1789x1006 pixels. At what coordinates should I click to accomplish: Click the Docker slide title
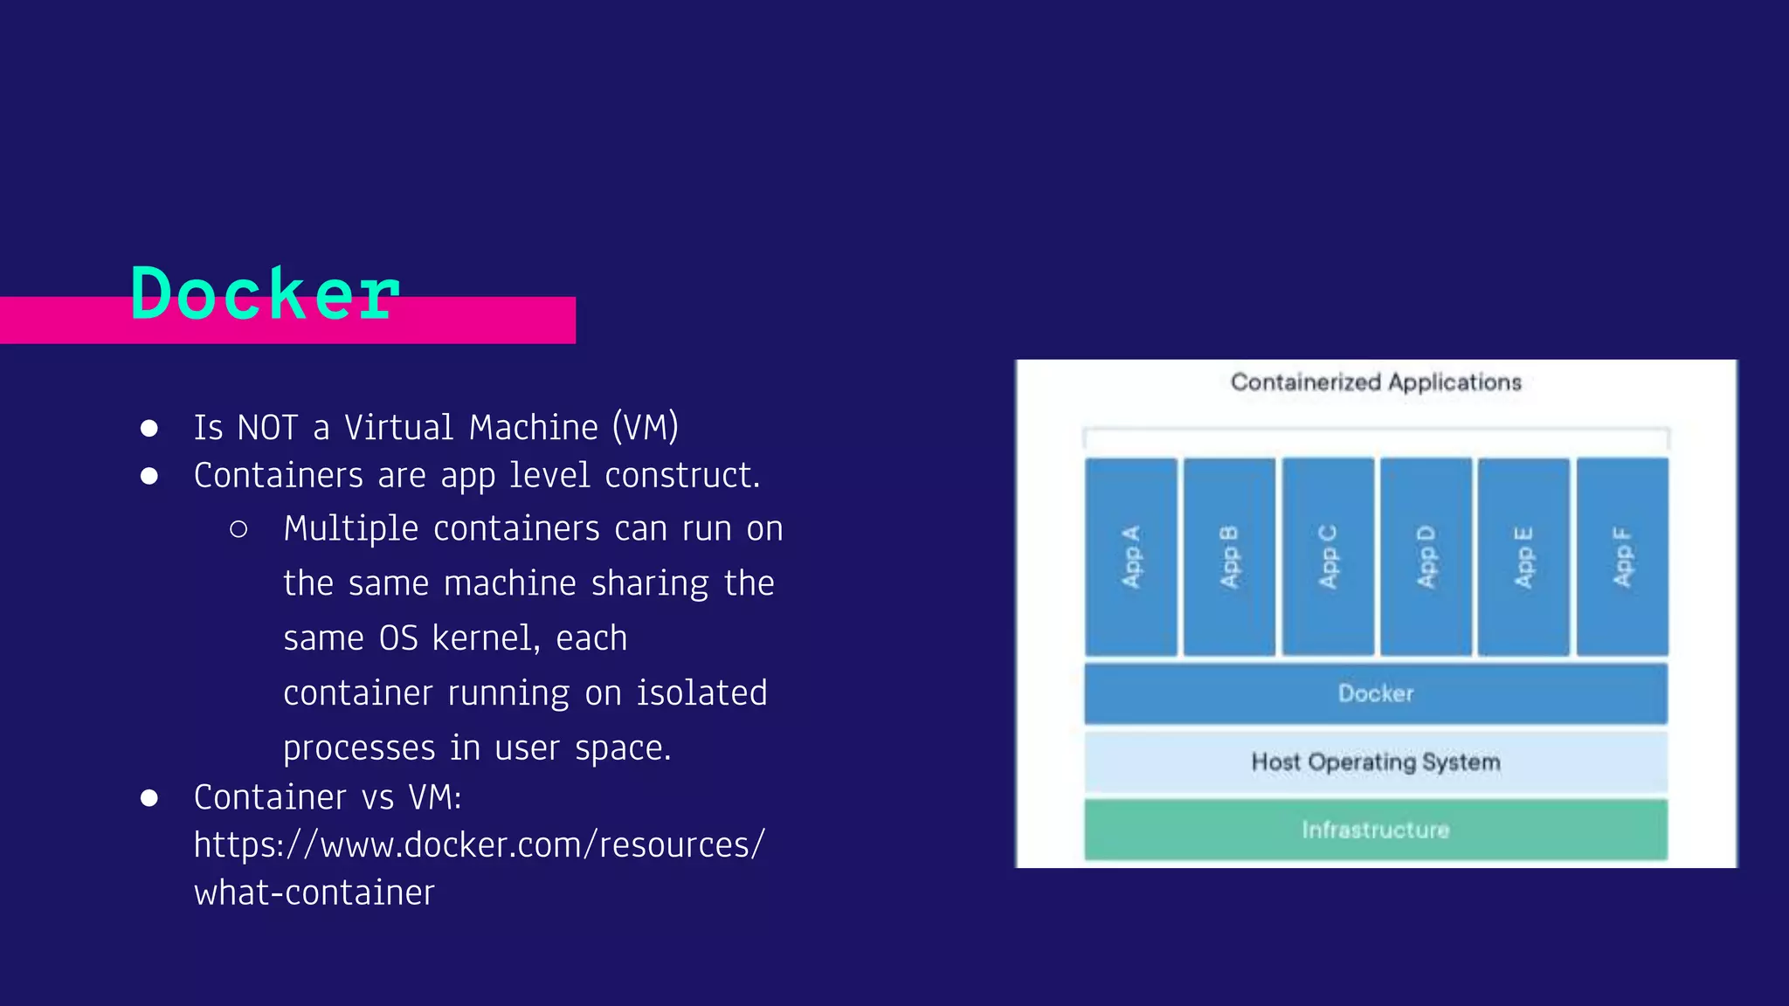point(265,294)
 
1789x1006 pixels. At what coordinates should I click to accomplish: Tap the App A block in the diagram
point(1131,557)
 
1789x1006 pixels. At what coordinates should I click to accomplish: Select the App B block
point(1229,557)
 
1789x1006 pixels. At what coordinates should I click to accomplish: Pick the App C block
point(1328,557)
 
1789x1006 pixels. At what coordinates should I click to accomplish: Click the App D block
point(1426,557)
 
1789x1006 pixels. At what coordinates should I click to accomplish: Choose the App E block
point(1523,557)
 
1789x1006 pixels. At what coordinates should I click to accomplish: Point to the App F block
point(1622,557)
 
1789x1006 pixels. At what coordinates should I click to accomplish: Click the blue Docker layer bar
point(1376,693)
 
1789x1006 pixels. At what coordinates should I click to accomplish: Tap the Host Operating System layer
point(1376,761)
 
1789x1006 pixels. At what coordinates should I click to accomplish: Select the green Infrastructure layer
point(1376,830)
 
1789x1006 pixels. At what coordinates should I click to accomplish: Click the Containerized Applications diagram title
point(1376,382)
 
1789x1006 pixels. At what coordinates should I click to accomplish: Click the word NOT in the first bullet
point(267,428)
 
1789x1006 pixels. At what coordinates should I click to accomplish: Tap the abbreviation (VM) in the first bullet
point(646,428)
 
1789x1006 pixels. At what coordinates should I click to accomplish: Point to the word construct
point(682,476)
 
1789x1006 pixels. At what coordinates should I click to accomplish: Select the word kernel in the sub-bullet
point(486,638)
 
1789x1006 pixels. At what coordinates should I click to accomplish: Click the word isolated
point(701,693)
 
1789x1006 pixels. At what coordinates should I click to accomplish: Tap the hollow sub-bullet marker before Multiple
point(238,529)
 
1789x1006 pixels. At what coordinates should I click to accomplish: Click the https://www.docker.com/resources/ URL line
point(479,845)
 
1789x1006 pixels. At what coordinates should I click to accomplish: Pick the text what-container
point(314,893)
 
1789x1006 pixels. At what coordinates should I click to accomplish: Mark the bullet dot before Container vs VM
point(149,798)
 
